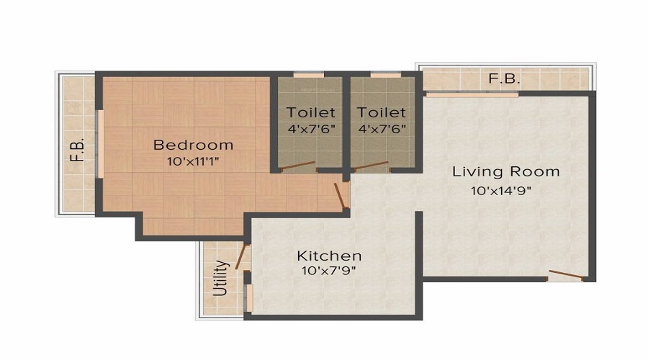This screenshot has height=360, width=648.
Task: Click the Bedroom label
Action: (193, 145)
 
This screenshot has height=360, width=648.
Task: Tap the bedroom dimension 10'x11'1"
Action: (193, 161)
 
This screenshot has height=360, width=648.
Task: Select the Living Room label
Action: (506, 171)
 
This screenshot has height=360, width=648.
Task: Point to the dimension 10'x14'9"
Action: (501, 191)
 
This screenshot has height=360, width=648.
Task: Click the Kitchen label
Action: (329, 256)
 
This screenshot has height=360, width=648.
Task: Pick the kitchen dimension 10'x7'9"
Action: (329, 271)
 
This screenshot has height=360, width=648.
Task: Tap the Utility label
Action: (221, 278)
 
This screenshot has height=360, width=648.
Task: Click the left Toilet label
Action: (311, 112)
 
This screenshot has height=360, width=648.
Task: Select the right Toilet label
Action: (382, 112)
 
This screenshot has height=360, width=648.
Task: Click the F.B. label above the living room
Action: (504, 78)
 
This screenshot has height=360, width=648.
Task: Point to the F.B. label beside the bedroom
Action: (77, 150)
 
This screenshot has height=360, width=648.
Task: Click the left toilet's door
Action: (297, 166)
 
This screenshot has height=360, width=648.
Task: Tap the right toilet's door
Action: (370, 166)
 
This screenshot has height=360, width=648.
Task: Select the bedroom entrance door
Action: (341, 195)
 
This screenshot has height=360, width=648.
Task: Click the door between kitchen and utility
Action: (242, 256)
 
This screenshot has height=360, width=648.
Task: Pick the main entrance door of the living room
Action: (566, 275)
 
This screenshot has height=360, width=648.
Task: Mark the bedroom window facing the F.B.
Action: (100, 144)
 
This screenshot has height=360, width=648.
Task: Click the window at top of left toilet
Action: (309, 75)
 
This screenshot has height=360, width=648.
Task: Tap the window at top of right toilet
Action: (386, 75)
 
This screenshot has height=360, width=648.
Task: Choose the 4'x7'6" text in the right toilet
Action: (382, 129)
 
